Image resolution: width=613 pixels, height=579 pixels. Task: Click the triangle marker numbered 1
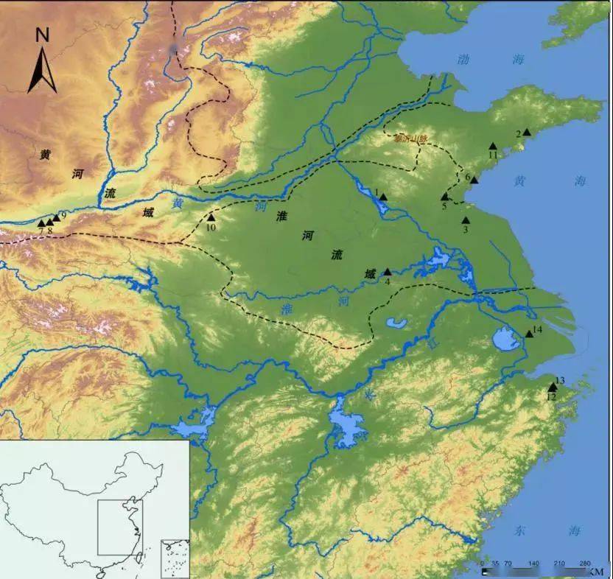click(383, 197)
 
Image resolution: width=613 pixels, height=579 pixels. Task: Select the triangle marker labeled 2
click(527, 133)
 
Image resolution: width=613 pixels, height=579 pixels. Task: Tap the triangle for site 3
click(466, 220)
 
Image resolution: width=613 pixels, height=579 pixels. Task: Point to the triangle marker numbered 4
click(388, 272)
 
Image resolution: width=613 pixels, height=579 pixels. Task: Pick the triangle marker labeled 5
click(444, 197)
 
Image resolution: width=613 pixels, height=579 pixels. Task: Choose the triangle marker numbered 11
click(493, 146)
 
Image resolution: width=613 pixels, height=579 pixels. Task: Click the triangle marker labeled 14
click(529, 334)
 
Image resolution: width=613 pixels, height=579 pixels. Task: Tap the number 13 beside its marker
click(559, 380)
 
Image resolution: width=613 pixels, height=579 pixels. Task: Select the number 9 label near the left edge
click(63, 215)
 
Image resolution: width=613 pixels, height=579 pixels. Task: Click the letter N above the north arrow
click(42, 34)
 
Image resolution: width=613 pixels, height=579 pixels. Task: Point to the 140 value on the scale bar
click(533, 564)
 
